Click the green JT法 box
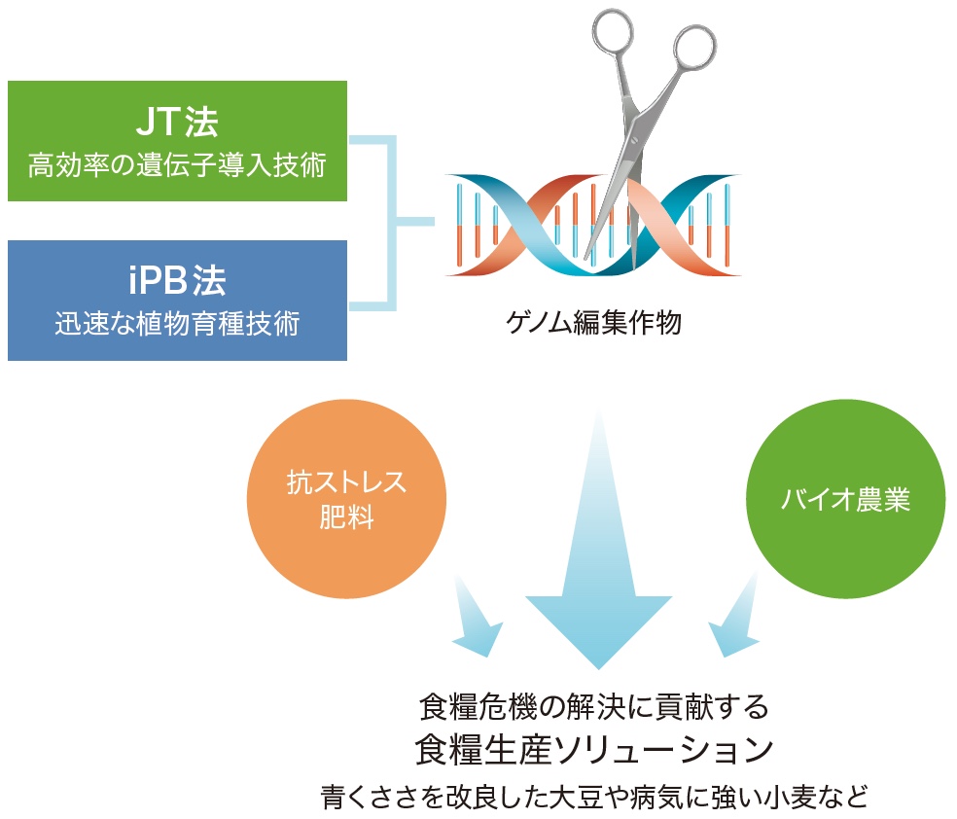[x=177, y=141]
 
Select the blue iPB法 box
[x=177, y=301]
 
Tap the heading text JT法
[x=177, y=121]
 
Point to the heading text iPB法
[x=178, y=281]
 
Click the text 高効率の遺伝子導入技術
[x=177, y=165]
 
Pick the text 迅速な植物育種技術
[x=177, y=324]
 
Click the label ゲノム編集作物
[x=593, y=322]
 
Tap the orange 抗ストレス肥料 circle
[x=346, y=499]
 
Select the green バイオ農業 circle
[x=845, y=499]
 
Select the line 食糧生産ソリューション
[x=594, y=750]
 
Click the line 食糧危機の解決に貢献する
[x=594, y=707]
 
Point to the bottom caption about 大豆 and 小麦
[x=594, y=797]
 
